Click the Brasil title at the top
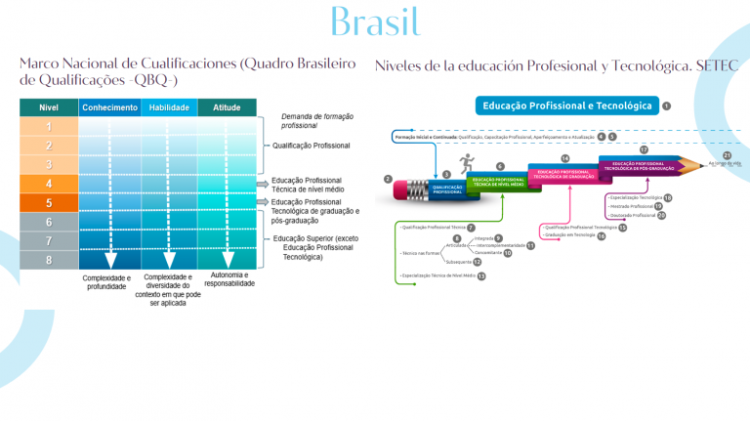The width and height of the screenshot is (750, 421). (x=375, y=21)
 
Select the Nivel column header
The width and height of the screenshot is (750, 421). (x=47, y=107)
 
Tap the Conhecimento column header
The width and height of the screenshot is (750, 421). (x=109, y=107)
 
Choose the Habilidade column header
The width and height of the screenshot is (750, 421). (x=168, y=107)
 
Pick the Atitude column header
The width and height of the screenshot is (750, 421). (x=227, y=107)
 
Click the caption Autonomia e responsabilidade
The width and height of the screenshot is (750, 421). (x=229, y=281)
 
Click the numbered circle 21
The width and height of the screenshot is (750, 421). (x=727, y=154)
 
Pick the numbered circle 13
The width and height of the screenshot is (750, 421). (x=480, y=276)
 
